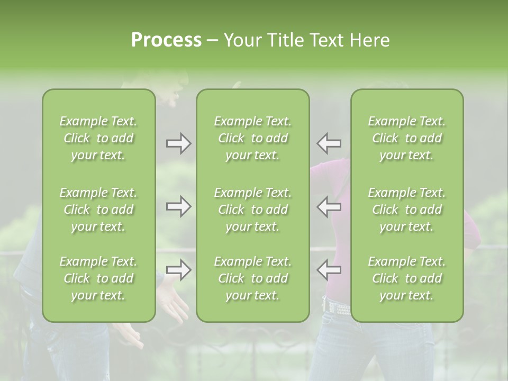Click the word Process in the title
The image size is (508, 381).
coord(166,40)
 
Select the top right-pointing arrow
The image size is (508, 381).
coord(178,143)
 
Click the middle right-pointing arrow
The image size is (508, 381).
coord(178,206)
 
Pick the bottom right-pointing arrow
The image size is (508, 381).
coord(178,270)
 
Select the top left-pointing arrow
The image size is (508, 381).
coord(329,143)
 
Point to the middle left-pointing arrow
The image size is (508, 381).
coord(329,206)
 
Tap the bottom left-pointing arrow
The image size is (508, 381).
coord(329,270)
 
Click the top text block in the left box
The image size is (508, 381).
coord(98,138)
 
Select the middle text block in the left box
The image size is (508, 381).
coord(98,210)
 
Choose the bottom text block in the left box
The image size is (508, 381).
coord(98,278)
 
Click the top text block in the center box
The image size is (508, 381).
coord(252,138)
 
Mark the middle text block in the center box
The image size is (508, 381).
coord(252,210)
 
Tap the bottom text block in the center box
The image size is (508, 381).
coord(252,278)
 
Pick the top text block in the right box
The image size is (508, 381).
coord(406,138)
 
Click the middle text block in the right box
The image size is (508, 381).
coord(406,210)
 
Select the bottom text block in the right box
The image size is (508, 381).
coord(406,278)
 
